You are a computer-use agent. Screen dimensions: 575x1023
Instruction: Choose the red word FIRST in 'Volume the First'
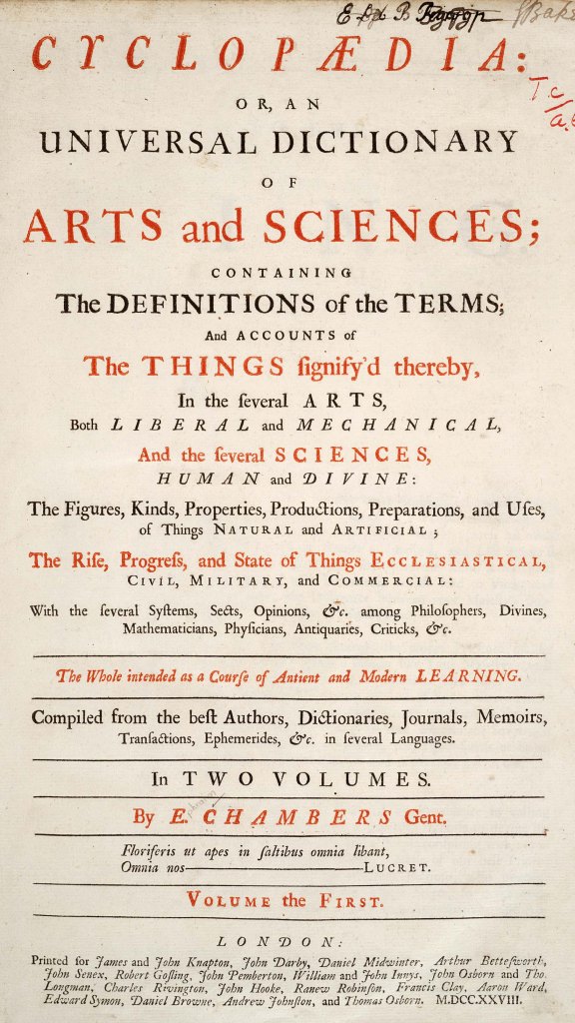tap(350, 901)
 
